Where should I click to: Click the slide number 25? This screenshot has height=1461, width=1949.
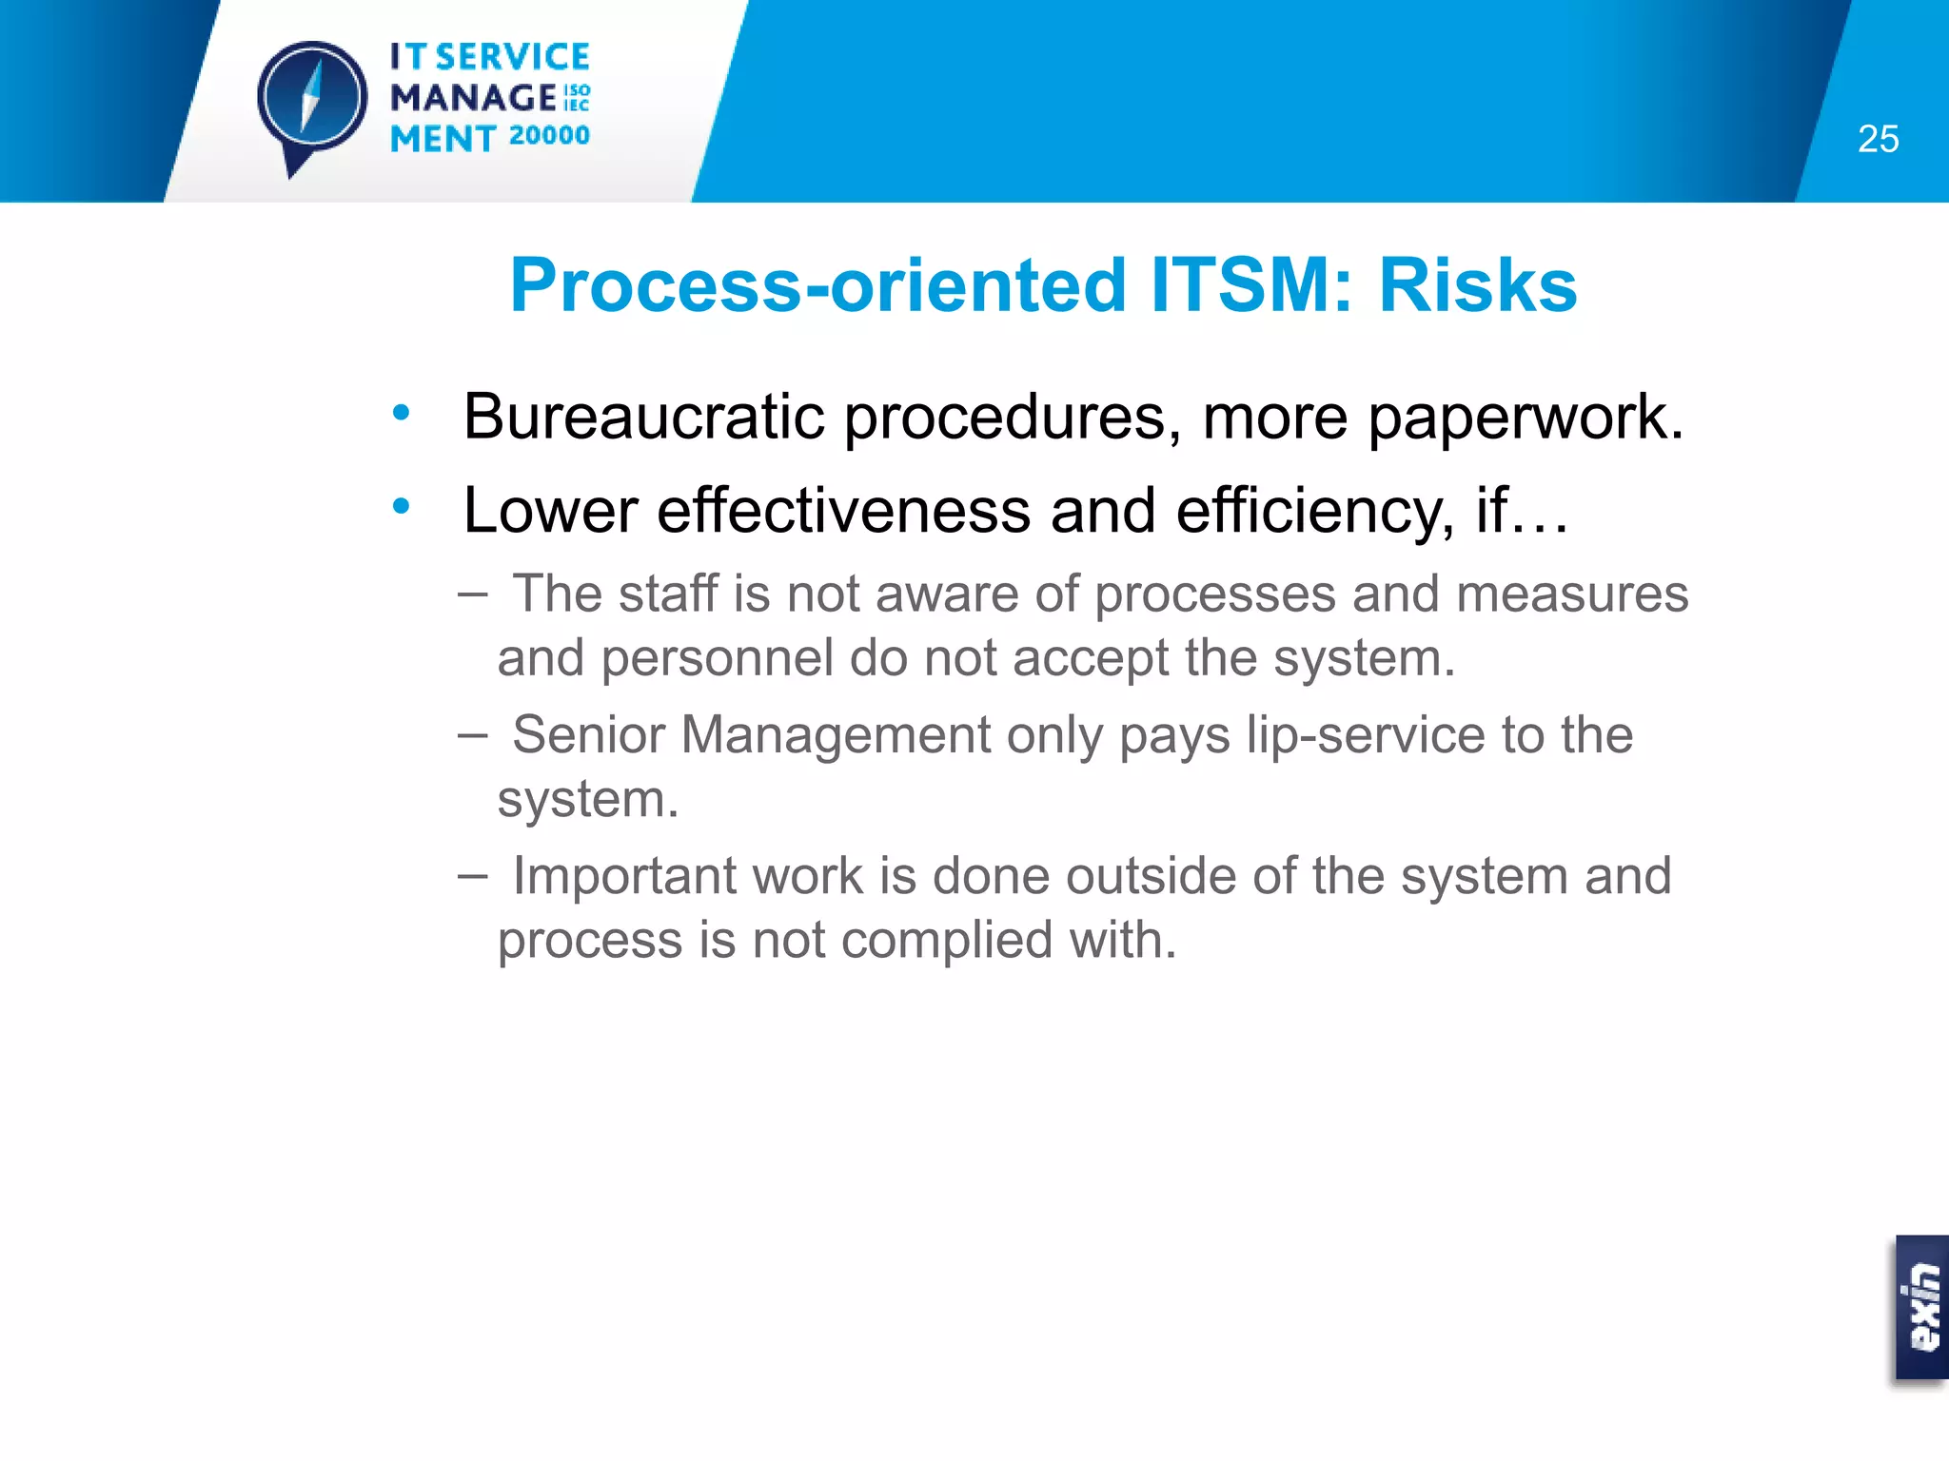click(1878, 140)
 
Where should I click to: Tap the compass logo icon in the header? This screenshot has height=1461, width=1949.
click(311, 101)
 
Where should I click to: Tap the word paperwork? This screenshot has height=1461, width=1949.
click(1526, 419)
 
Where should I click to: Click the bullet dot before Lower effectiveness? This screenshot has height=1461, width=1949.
click(401, 506)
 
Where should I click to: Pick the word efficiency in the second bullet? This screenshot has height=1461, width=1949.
click(1314, 512)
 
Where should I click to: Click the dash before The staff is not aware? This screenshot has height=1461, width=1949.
click(472, 594)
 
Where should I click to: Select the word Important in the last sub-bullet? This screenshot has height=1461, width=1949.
click(624, 875)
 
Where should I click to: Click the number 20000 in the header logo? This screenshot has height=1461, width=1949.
click(549, 136)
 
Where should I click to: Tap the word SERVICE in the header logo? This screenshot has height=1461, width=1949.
click(512, 57)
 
